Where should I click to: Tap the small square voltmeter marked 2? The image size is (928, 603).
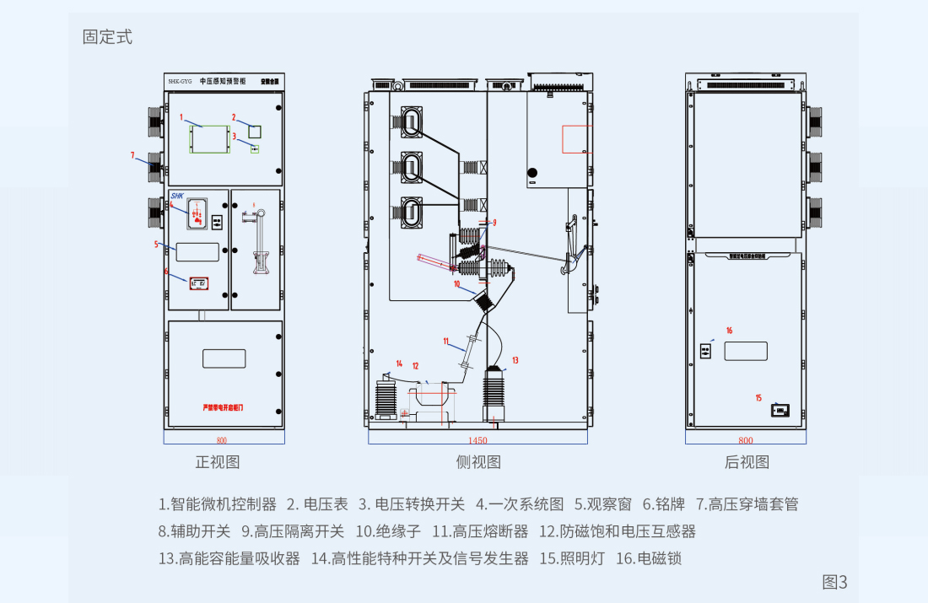pos(254,131)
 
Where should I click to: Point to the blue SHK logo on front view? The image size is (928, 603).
pos(176,194)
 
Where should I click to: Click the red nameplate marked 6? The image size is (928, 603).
pos(198,283)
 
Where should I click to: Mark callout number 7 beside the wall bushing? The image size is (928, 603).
pos(132,154)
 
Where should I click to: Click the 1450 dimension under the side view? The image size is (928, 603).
pos(477,440)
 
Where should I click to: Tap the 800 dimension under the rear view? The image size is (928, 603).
pos(745,440)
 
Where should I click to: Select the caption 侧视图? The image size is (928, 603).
pos(478,462)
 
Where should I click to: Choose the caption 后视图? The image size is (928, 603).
pos(747,462)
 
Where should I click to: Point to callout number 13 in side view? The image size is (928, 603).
pos(515,360)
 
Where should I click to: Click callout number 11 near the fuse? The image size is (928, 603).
pos(446,341)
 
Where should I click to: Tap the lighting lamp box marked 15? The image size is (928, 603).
pos(780,410)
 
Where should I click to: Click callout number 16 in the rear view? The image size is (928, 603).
pos(729,330)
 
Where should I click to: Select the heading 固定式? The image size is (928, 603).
pos(107,37)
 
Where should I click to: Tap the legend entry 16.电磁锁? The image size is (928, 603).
pos(649,558)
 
